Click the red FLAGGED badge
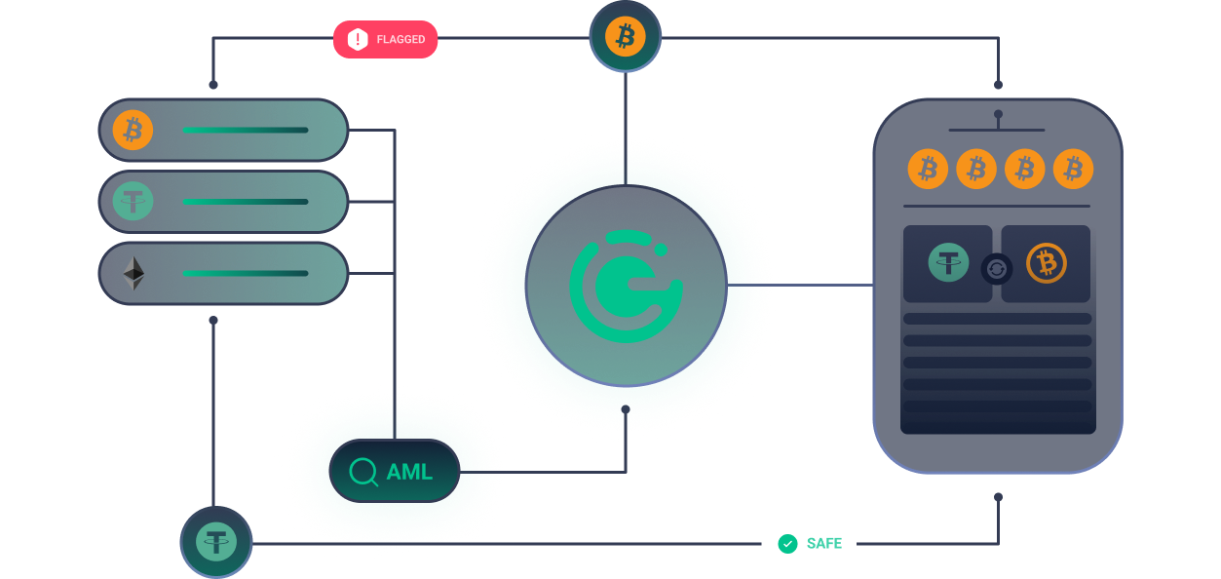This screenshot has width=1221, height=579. coord(386,40)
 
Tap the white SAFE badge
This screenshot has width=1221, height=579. coord(809,543)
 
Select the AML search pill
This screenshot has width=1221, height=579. coord(395,472)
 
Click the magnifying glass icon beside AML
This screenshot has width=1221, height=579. coord(363,472)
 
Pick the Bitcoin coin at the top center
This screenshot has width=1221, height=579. coord(626,38)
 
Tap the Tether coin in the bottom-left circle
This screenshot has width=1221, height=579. coord(216,542)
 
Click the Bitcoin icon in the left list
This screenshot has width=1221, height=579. coord(134,130)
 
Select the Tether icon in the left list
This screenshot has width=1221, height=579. coord(134,202)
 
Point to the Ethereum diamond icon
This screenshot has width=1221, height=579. coord(134,274)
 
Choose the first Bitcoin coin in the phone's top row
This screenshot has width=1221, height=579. coord(929,170)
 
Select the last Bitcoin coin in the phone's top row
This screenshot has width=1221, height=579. coord(1074,170)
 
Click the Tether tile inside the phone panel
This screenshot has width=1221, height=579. coord(947,263)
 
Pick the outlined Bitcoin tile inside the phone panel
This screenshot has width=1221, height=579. coord(1047,263)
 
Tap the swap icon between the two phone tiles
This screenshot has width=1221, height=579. coord(996,268)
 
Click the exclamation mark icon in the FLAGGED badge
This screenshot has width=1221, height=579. coord(358,40)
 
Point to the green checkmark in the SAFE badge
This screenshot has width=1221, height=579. coord(787,543)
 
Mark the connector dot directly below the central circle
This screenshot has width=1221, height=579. coord(626,409)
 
